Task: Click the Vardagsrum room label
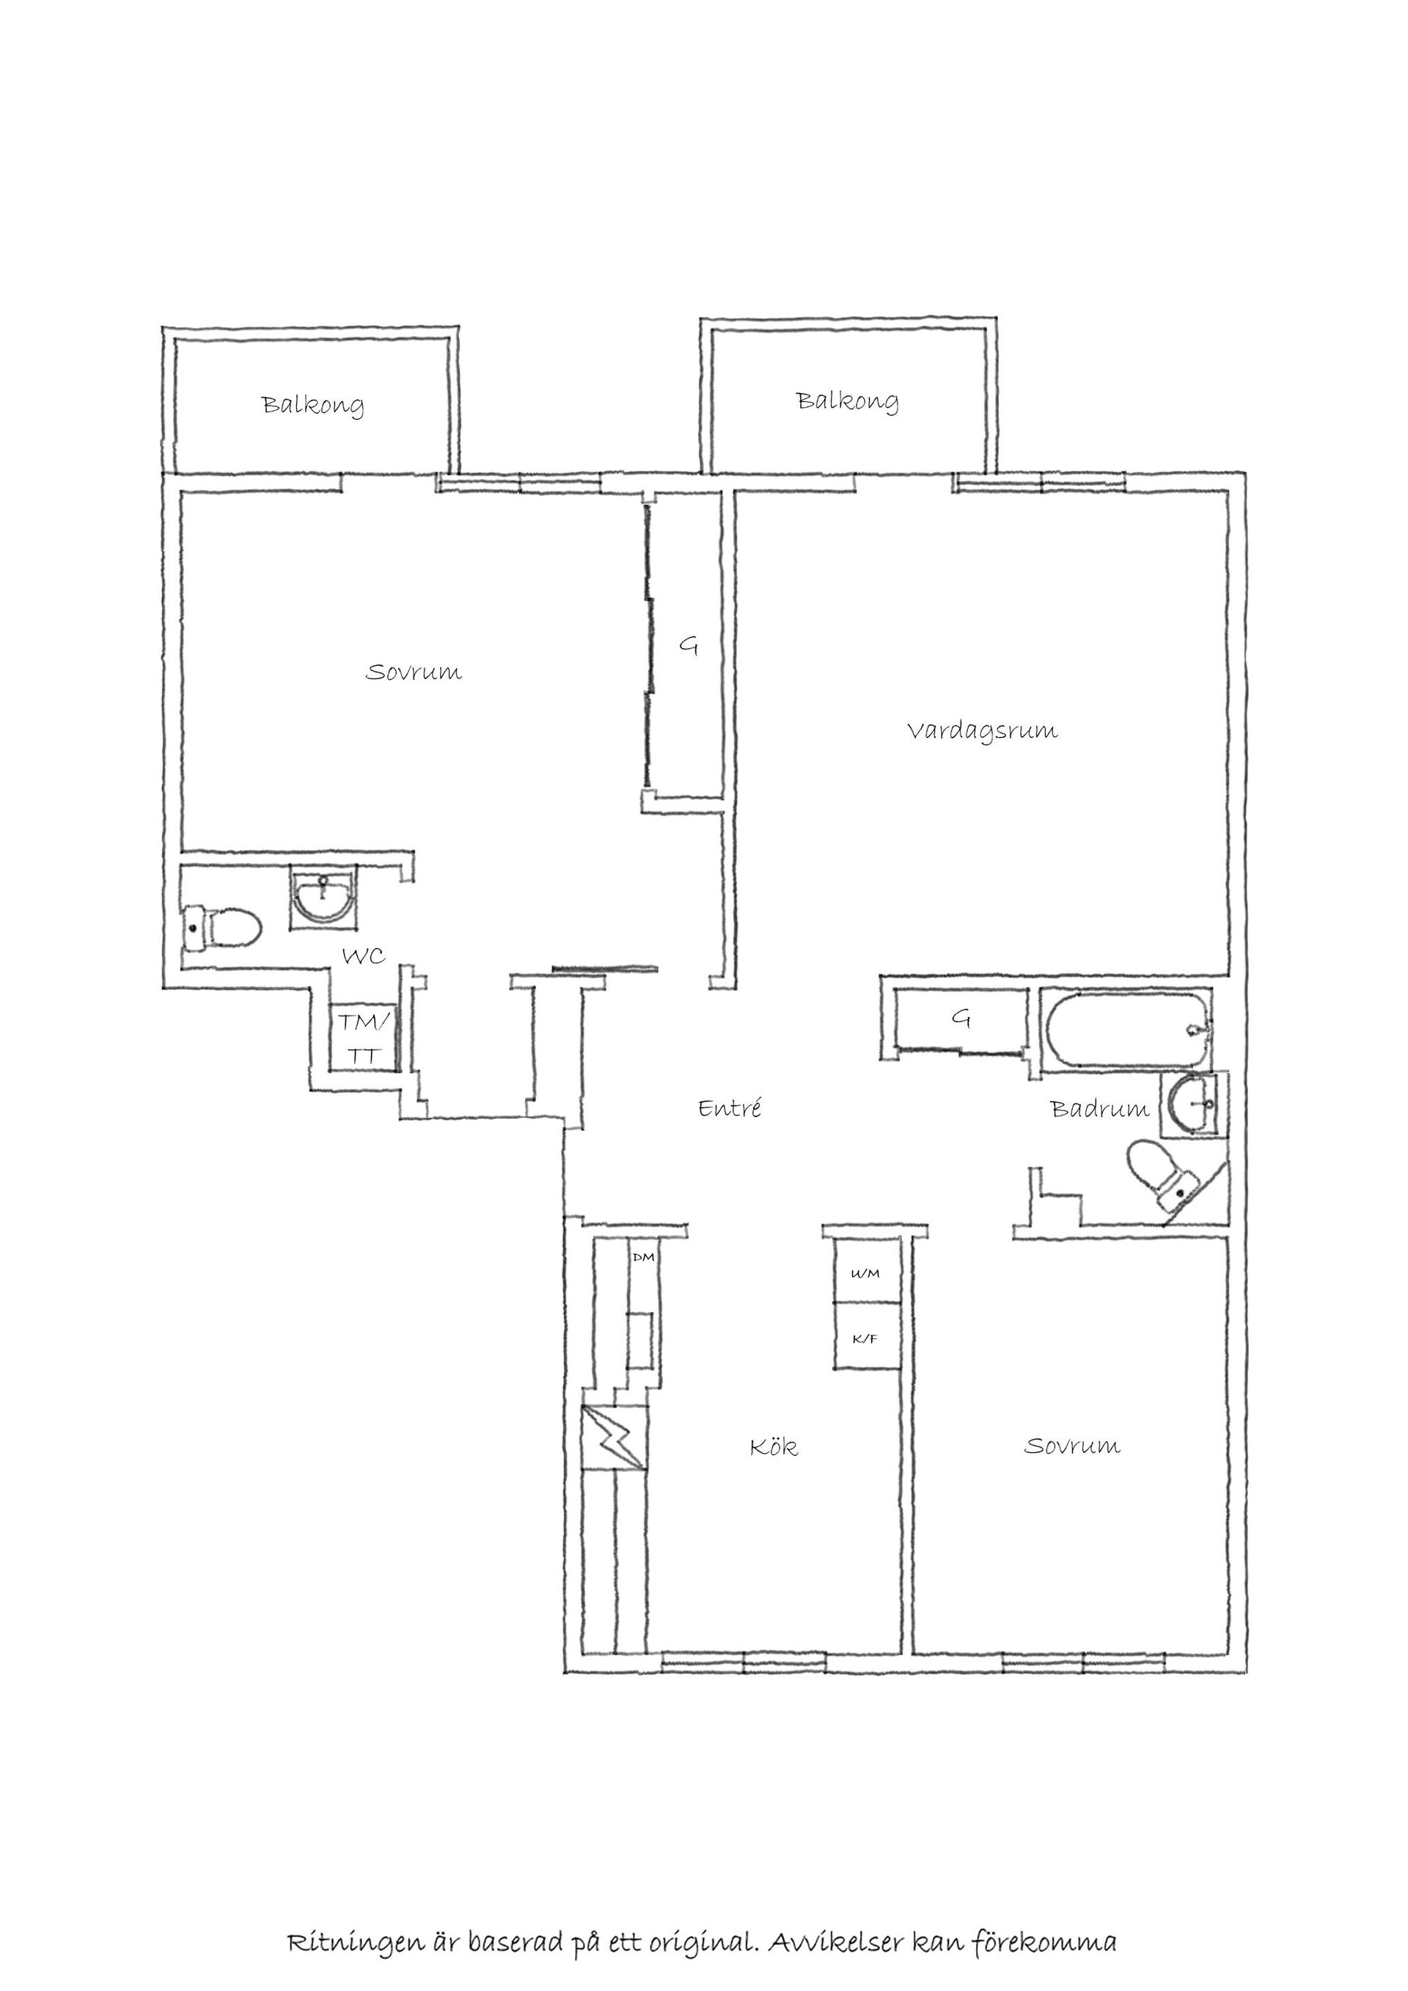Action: [x=983, y=730]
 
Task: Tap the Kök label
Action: [x=774, y=1446]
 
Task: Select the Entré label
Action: [x=730, y=1107]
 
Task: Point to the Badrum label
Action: [x=1099, y=1108]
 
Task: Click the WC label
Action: [x=363, y=956]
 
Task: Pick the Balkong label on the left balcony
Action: [x=313, y=405]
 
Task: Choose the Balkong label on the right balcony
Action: [x=847, y=400]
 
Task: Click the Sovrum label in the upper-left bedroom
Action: [x=414, y=672]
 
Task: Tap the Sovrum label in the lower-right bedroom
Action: [x=1072, y=1445]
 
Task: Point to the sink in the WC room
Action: [x=322, y=897]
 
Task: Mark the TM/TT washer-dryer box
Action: [x=362, y=1038]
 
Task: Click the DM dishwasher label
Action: [x=643, y=1256]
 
